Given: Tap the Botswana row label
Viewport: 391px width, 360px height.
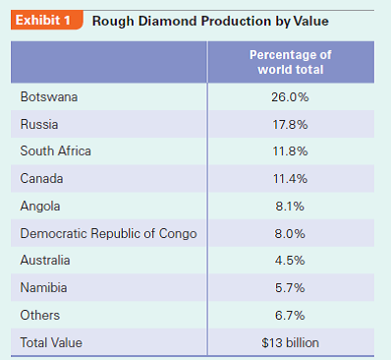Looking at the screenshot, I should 49,97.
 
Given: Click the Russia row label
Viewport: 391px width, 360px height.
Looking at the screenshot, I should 39,125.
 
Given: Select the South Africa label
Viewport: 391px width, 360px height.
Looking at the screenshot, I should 55,151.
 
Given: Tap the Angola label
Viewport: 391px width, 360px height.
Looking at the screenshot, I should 40,207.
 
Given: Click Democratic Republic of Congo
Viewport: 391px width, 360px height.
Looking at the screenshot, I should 108,234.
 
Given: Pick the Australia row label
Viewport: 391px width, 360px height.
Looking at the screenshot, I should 46,261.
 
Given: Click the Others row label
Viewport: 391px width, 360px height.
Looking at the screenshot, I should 40,316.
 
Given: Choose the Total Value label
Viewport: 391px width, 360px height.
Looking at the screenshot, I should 51,342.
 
